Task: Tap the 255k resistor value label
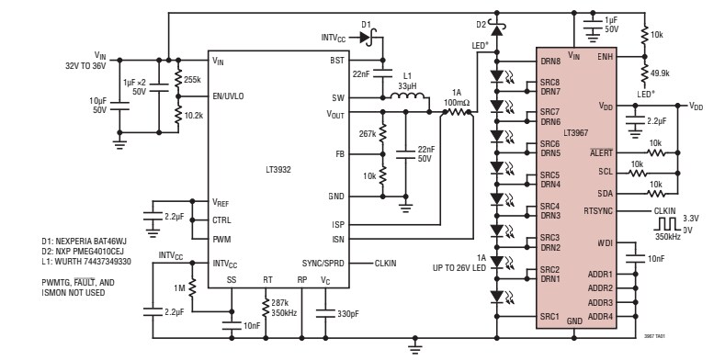193,79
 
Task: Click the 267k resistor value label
368,132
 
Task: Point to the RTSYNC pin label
598,210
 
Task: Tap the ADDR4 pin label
599,316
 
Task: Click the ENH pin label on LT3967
605,57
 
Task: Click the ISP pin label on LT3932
337,223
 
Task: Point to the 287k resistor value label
281,301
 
